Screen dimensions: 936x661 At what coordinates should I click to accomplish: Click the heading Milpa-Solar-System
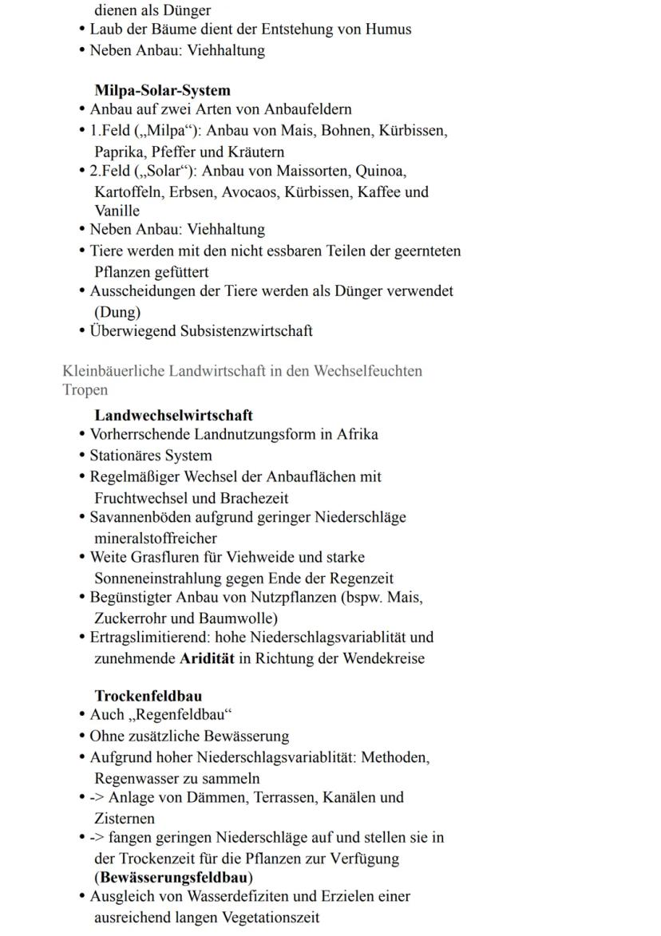tap(162, 90)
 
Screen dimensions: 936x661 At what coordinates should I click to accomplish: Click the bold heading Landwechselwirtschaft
tap(173, 415)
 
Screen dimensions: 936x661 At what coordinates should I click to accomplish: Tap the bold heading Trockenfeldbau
tap(148, 695)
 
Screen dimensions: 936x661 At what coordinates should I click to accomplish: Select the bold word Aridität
tap(207, 658)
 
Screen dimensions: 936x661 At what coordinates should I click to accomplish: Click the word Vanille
tap(117, 211)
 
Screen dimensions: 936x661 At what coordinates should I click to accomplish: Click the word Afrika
tap(357, 434)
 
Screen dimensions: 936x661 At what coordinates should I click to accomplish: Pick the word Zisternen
tap(125, 818)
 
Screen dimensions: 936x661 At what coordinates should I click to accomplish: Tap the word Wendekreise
tap(383, 658)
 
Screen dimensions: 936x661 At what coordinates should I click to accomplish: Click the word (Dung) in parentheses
tap(117, 312)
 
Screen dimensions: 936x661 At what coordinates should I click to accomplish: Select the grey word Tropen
tap(85, 390)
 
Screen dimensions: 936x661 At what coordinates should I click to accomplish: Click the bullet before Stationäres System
tap(83, 456)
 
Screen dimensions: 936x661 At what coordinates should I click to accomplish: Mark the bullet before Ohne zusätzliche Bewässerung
tap(83, 737)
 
